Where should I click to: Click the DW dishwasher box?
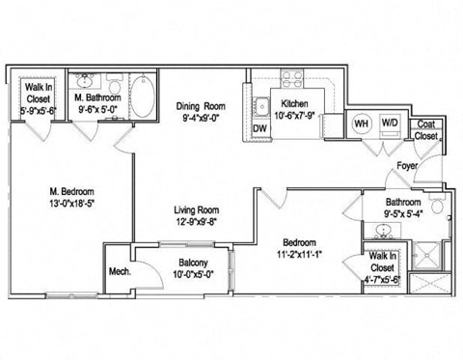(x=259, y=127)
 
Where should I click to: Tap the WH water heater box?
(x=361, y=124)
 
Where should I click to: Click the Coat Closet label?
(x=424, y=130)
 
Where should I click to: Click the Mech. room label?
(x=120, y=271)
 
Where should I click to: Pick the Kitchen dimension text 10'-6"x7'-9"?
(x=293, y=114)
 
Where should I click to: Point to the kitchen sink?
(x=260, y=106)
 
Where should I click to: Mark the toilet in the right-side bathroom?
(x=436, y=207)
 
